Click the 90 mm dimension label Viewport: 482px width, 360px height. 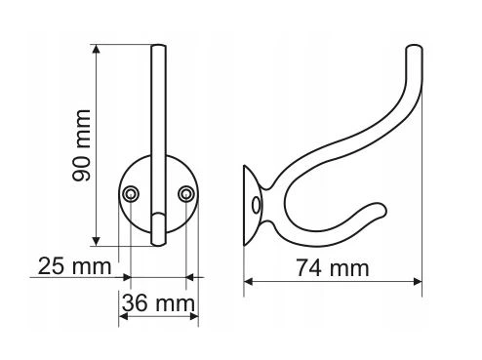click(x=81, y=145)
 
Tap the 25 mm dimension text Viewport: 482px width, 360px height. click(x=75, y=266)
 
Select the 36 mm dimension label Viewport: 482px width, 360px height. click(x=158, y=303)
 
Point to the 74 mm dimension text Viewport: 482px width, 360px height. click(x=333, y=268)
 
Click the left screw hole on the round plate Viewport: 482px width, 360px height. click(x=131, y=194)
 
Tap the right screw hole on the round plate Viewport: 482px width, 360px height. click(x=186, y=194)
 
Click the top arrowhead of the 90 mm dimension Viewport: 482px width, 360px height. click(x=96, y=49)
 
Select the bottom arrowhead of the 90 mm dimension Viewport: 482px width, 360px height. click(x=96, y=241)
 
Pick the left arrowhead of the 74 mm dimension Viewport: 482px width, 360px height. click(x=248, y=281)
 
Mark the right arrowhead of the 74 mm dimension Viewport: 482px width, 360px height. click(x=418, y=281)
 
